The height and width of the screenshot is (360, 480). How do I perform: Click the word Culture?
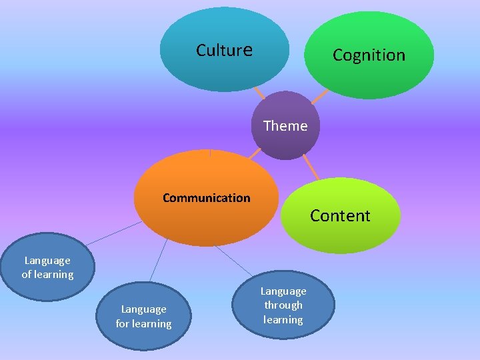tap(224, 50)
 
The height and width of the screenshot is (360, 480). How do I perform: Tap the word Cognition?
tap(369, 55)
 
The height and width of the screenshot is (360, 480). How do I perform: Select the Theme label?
tap(285, 126)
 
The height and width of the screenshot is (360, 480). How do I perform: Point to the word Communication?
tap(207, 198)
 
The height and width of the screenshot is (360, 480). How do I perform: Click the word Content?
tap(340, 216)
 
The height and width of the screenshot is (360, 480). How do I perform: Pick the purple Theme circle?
tap(285, 143)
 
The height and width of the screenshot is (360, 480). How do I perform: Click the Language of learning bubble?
tap(47, 267)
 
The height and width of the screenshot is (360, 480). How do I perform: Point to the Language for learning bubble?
tap(143, 317)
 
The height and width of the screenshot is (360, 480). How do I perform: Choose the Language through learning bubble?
tap(283, 305)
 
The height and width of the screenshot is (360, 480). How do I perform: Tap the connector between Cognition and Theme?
tap(320, 97)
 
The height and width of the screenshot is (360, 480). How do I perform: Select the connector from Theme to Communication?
tap(255, 153)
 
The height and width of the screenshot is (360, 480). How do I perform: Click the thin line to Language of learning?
tap(113, 233)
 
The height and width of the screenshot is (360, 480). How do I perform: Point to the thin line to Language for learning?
tap(158, 260)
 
